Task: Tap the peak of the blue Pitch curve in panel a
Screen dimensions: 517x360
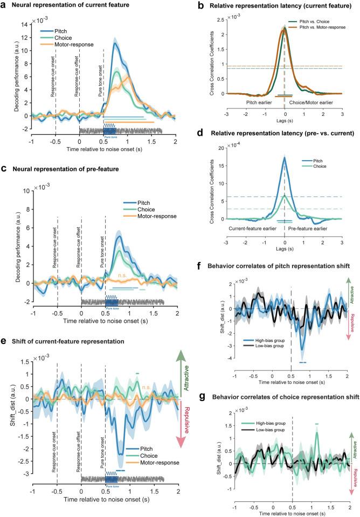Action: click(x=114, y=44)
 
